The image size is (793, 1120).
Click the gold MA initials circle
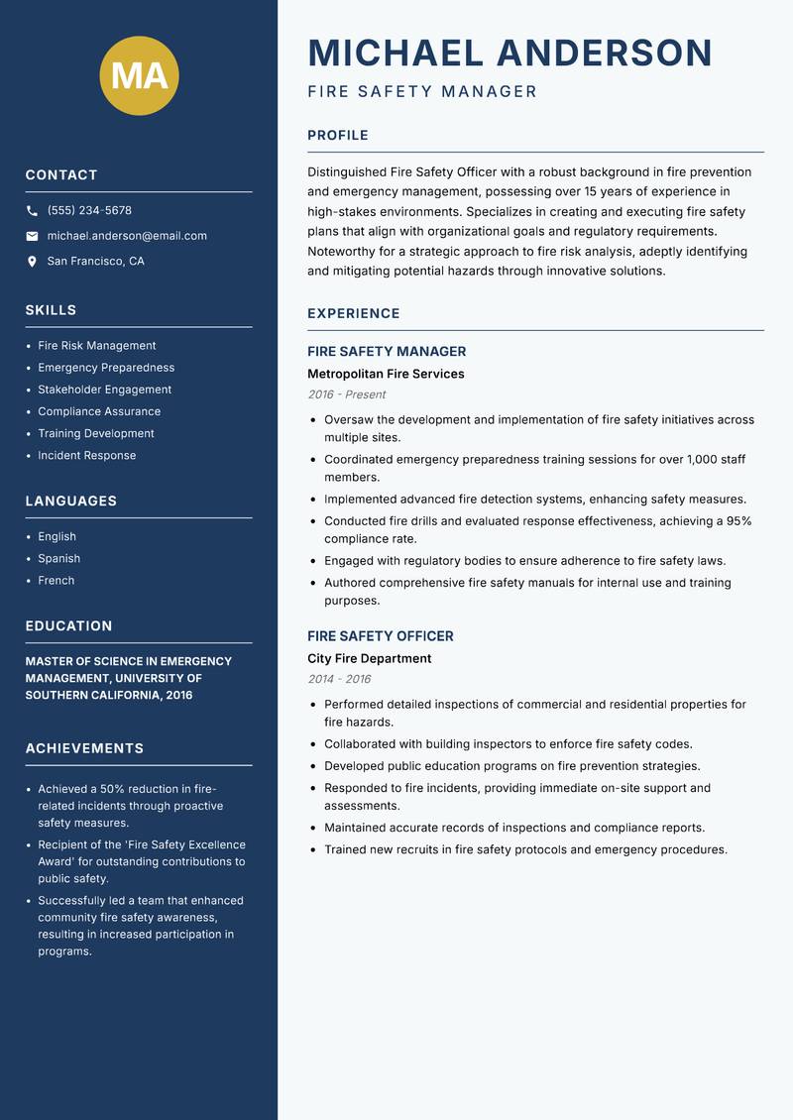[139, 75]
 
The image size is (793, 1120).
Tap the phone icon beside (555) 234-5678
[32, 211]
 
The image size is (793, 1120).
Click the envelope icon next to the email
[32, 236]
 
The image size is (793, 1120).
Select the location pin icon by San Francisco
[32, 262]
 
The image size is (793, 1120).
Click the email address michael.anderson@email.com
[127, 236]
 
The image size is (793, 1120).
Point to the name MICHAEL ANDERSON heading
[510, 53]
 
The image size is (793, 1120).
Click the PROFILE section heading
[337, 136]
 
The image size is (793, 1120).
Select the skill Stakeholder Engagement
[104, 390]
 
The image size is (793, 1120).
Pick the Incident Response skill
[87, 456]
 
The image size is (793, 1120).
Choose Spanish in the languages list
[59, 559]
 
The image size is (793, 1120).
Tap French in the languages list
[57, 581]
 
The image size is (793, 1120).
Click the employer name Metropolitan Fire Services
[386, 375]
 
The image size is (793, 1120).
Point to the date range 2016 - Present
[347, 394]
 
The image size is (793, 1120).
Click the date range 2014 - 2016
[339, 679]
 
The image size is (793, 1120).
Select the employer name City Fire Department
[369, 659]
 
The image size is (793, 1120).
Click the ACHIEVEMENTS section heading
[84, 748]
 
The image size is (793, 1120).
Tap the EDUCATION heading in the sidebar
[68, 626]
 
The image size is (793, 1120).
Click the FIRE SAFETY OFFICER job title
[380, 636]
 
